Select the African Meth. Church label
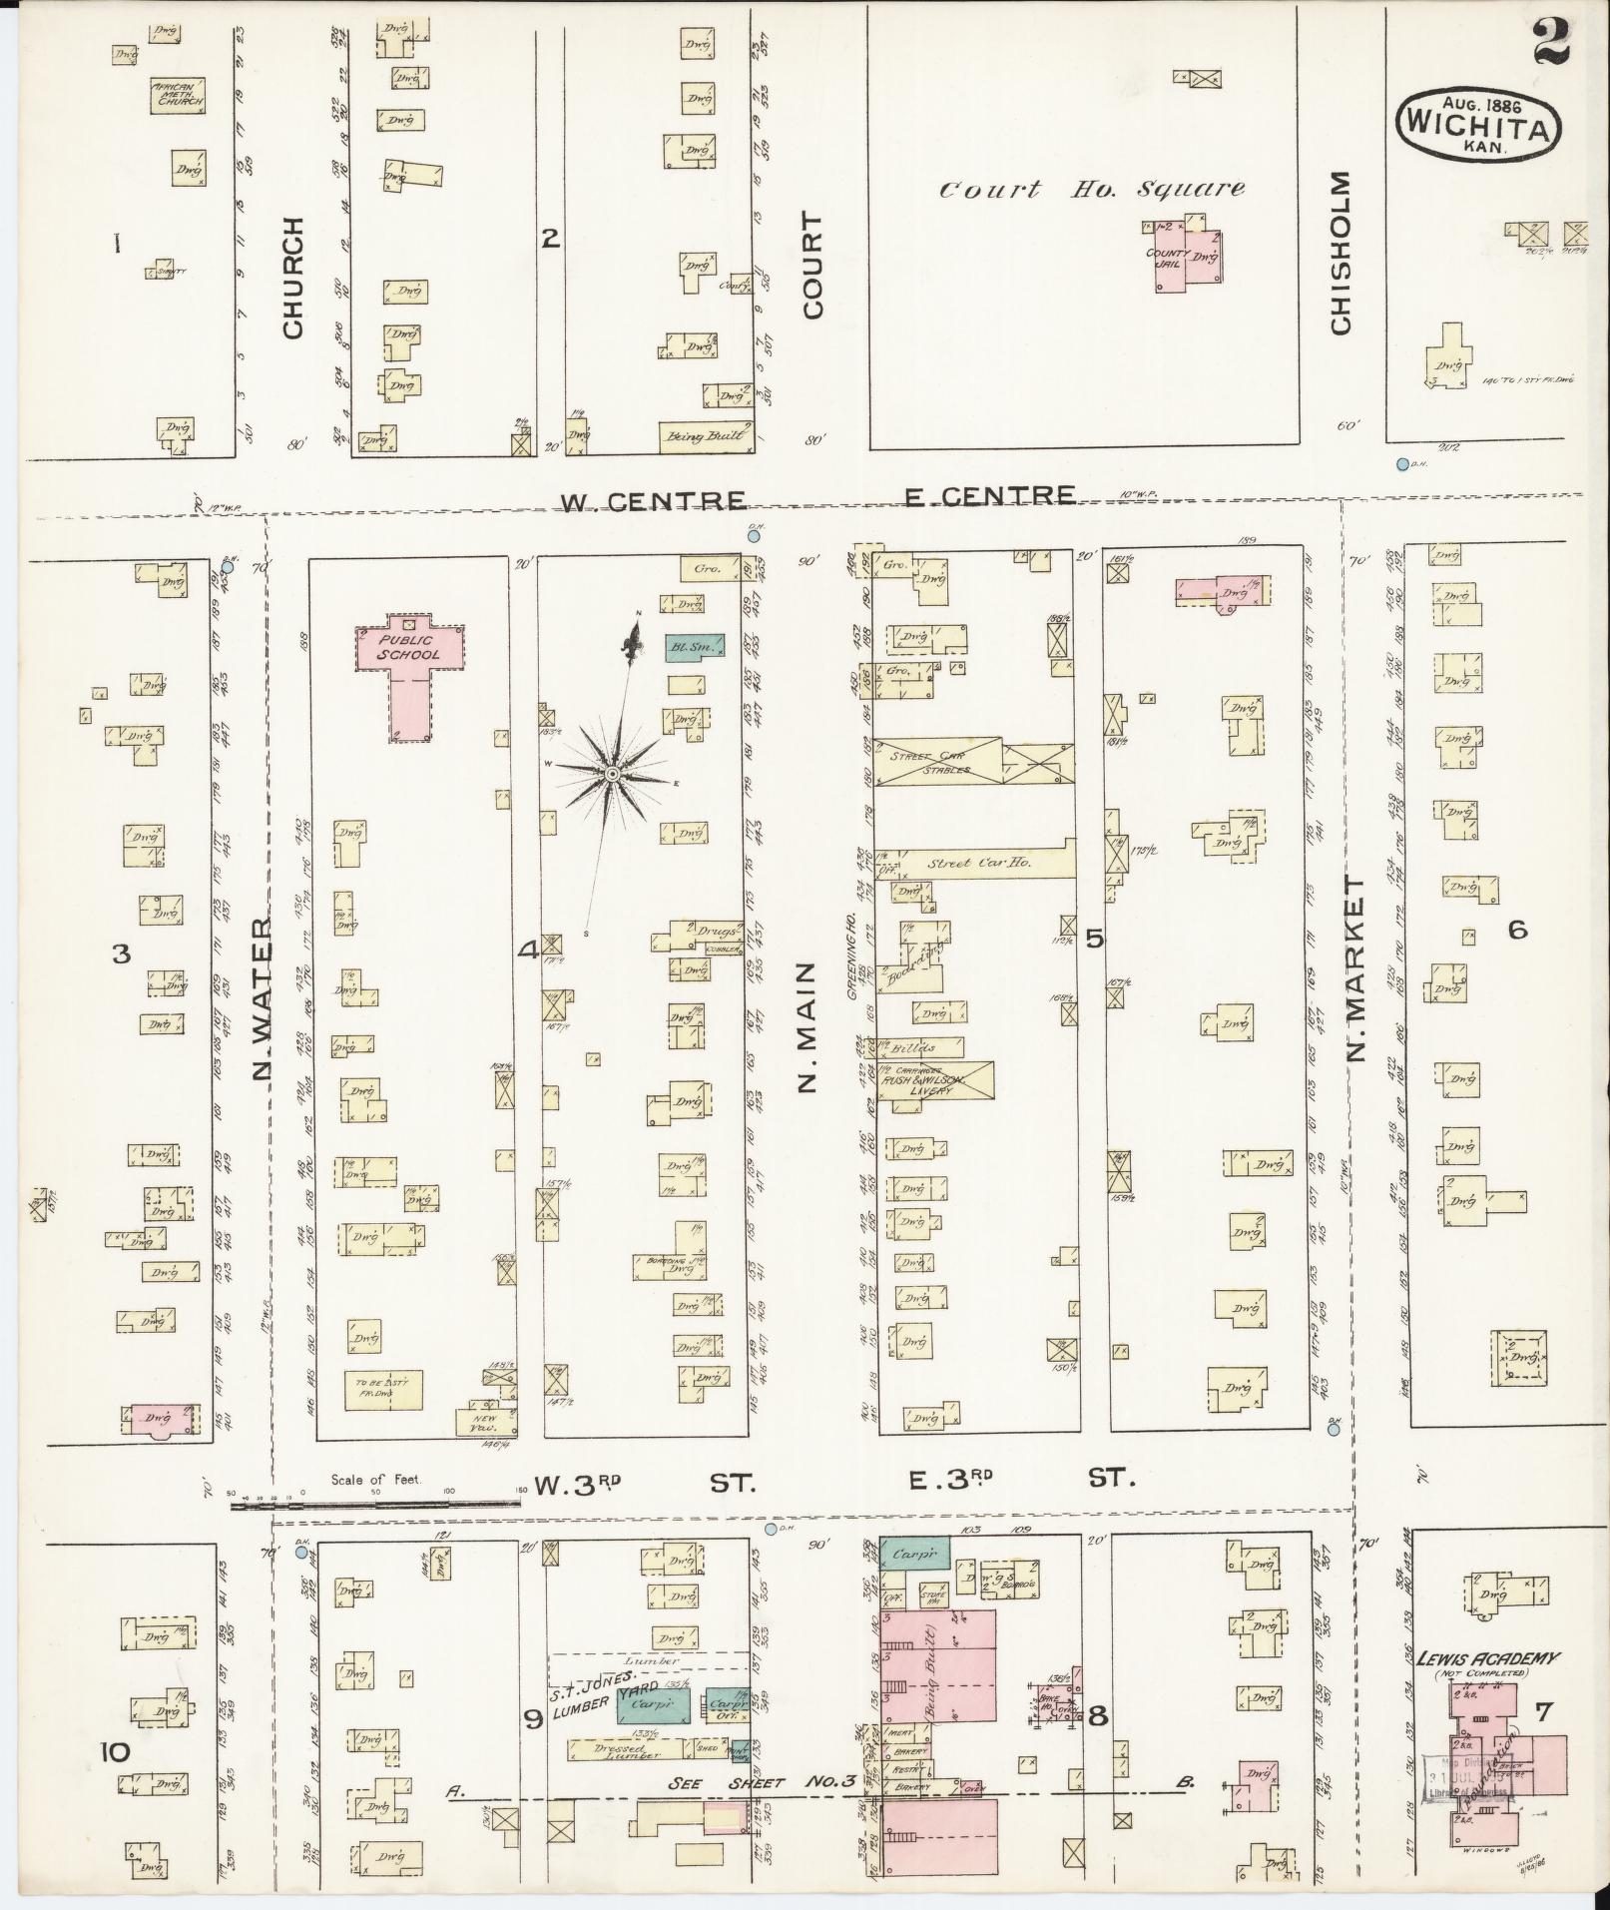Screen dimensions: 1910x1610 point(178,95)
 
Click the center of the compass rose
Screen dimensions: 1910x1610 point(612,774)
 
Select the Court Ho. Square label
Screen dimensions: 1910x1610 point(1093,188)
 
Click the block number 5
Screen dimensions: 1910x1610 point(1095,938)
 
